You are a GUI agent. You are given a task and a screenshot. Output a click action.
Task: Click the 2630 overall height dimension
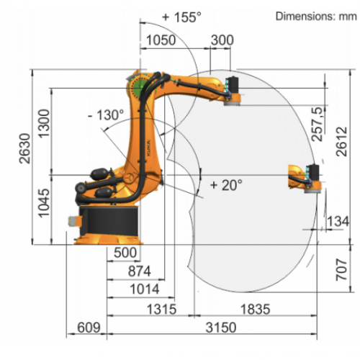click(24, 148)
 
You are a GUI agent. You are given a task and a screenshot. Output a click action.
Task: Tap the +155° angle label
click(181, 17)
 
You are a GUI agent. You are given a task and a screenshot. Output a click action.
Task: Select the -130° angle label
click(106, 115)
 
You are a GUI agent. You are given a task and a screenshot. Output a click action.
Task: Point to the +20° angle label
click(226, 185)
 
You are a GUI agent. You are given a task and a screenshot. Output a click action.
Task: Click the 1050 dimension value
click(161, 40)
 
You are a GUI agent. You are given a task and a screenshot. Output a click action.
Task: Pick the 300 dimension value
click(222, 40)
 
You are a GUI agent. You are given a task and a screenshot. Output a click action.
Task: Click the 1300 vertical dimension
click(44, 123)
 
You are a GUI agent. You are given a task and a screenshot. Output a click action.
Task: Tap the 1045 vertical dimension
click(44, 203)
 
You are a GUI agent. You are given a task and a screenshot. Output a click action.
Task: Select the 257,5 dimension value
click(317, 124)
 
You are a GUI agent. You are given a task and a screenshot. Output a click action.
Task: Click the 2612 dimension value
click(341, 142)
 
